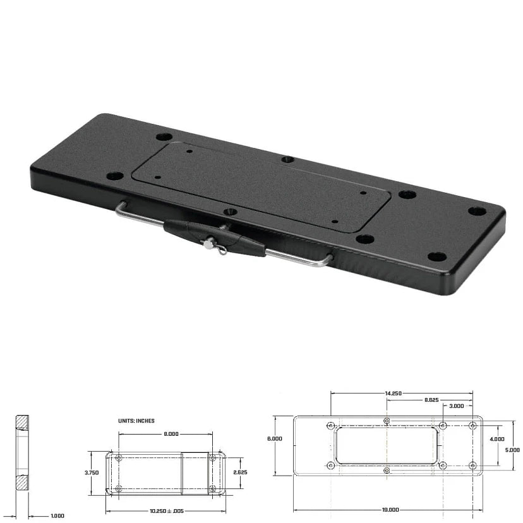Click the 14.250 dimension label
tap(393, 393)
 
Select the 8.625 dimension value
tap(431, 400)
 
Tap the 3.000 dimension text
tap(457, 406)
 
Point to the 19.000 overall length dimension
tap(390, 509)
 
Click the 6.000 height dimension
tap(275, 438)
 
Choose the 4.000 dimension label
tap(497, 438)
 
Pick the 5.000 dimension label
tap(513, 450)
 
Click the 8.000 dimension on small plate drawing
tap(171, 434)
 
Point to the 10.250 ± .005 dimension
tap(167, 510)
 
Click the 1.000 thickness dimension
tap(57, 515)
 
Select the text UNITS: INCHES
tap(136, 420)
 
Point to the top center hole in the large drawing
tap(387, 421)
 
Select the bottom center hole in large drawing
tap(387, 471)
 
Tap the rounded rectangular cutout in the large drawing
tap(387, 445)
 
